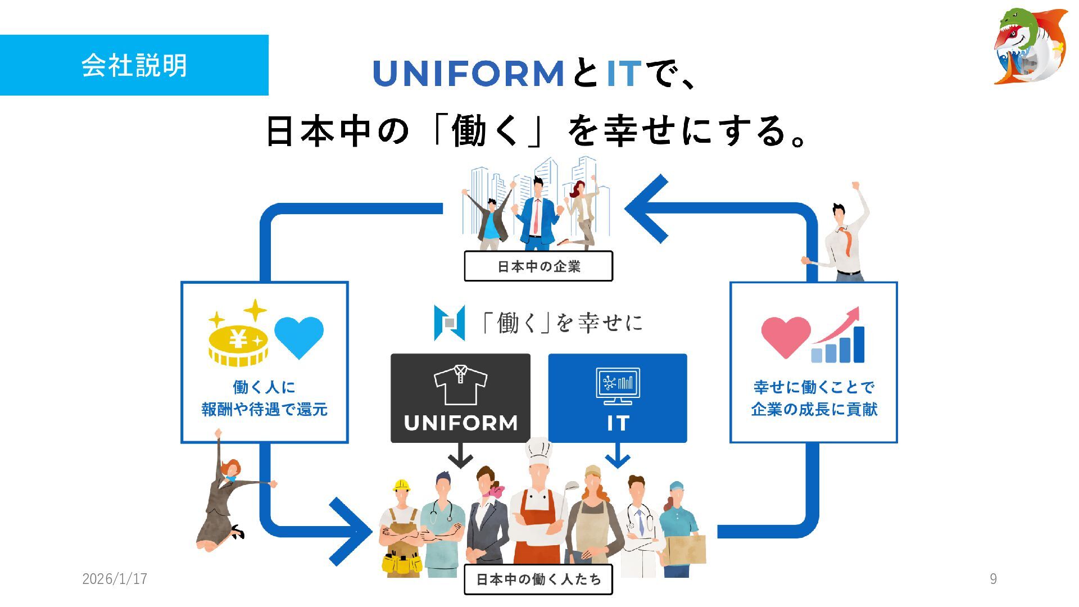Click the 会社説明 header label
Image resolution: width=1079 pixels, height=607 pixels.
pos(134,65)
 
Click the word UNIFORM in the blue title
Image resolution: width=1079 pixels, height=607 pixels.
pos(468,74)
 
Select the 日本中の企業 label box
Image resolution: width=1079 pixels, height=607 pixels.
pos(538,266)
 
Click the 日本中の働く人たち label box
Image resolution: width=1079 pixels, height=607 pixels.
pos(538,579)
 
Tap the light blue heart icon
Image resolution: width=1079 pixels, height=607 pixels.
pos(298,336)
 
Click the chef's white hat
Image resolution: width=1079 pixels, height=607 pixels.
pos(539,450)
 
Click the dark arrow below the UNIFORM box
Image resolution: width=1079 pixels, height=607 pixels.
pos(460,456)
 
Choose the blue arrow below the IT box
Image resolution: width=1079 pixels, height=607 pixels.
pos(618,456)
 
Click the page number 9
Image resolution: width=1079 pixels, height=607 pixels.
pos(993,579)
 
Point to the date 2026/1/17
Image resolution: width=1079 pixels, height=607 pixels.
pos(115,579)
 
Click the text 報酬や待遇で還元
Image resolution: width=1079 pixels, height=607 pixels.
pos(264,409)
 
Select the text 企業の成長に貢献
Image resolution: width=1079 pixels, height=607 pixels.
pos(814,409)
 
